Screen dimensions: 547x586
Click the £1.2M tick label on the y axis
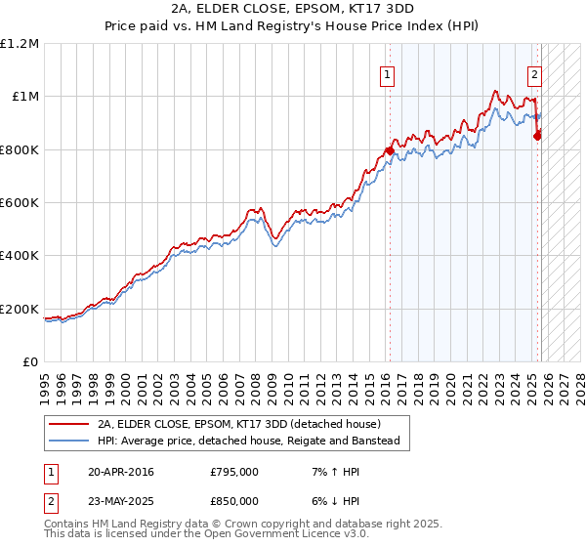click(19, 44)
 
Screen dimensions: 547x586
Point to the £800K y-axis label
click(19, 149)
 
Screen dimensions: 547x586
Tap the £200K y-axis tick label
click(19, 309)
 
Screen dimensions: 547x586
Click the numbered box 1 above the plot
click(388, 74)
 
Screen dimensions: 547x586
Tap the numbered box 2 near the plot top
click(535, 74)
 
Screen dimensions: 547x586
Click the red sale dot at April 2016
click(389, 151)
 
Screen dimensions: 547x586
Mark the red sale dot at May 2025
click(537, 136)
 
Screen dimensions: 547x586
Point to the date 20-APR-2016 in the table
click(120, 472)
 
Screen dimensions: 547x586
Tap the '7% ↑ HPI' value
click(333, 472)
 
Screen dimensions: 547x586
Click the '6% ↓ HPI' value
click(333, 500)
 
